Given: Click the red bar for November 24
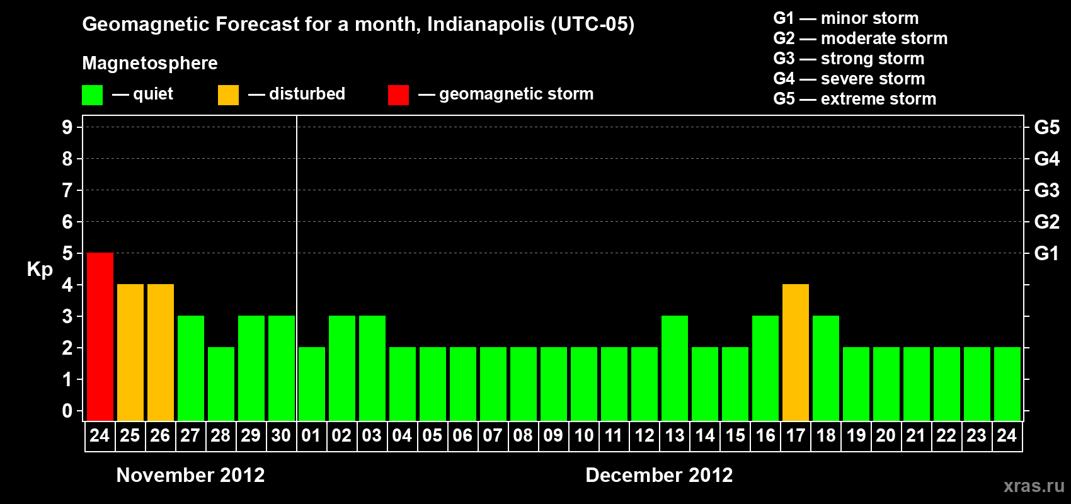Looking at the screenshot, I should (100, 336).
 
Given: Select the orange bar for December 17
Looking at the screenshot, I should (795, 352).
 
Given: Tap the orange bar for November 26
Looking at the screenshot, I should (160, 352).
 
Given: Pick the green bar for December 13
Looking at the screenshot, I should (674, 368).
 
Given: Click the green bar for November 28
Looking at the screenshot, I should (220, 384).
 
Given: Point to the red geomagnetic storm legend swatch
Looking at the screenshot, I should (398, 95).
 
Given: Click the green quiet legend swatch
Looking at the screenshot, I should (92, 95).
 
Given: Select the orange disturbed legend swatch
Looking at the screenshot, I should (228, 95).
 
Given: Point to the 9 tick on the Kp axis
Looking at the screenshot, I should (67, 127).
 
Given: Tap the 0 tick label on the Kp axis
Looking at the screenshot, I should (67, 411).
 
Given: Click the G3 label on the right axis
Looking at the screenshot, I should (1046, 190).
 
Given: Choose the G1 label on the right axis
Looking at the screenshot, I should (1046, 253).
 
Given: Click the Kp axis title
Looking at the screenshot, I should (40, 269).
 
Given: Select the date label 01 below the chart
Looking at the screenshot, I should (311, 435).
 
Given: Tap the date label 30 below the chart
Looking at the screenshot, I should (281, 435).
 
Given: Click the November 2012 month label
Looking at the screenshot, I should (190, 475).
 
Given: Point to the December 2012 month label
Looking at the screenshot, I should (659, 475).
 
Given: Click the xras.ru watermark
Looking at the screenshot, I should (1033, 486).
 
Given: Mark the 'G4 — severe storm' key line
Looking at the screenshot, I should (849, 79).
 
